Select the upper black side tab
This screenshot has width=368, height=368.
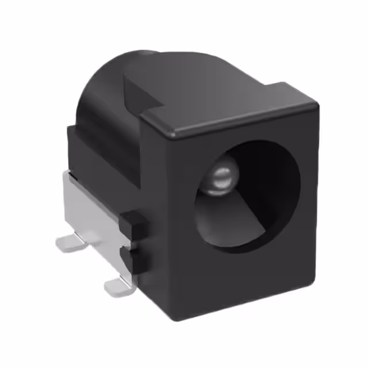click(x=133, y=224)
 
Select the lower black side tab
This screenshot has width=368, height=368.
click(x=133, y=259)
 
